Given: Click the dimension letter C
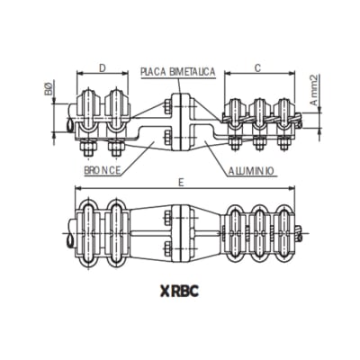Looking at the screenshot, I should (257, 67).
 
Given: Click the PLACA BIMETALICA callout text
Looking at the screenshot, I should (177, 71).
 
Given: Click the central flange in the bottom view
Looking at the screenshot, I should (176, 232).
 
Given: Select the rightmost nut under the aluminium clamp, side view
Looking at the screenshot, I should (284, 142).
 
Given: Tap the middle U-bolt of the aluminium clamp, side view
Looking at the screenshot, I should (259, 112).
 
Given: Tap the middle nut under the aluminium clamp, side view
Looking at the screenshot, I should (259, 142).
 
